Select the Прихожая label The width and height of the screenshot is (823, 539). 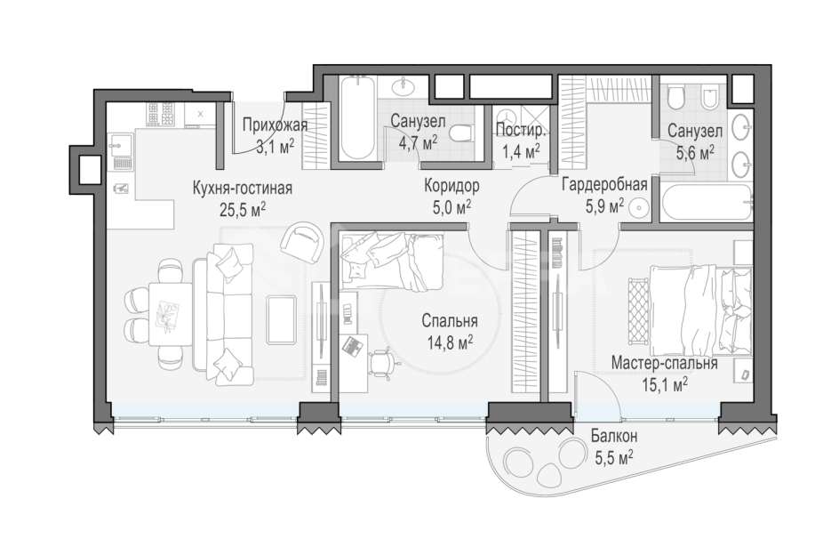pos(275,125)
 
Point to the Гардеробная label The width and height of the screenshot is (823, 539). pos(603,185)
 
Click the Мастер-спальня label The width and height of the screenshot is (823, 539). pos(665,363)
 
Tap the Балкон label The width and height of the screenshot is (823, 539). pos(613,437)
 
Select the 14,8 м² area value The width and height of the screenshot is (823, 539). pos(451,342)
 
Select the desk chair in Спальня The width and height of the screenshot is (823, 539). pos(383,360)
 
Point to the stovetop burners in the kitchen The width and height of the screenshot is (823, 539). pos(161,114)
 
